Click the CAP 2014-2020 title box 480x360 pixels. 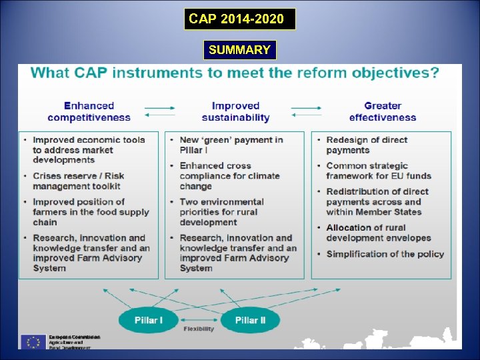tap(240, 19)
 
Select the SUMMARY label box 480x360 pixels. tap(239, 50)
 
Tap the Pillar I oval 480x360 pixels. tap(148, 321)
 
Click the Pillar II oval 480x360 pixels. tap(250, 321)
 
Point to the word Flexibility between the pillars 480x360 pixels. tap(199, 329)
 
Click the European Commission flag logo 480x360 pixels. tap(33, 341)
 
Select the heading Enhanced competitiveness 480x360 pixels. tap(89, 111)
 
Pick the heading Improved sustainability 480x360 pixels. tap(235, 111)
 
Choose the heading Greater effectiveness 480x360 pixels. tap(382, 111)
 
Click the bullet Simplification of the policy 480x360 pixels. tap(385, 254)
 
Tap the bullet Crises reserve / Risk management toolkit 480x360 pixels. tap(78, 181)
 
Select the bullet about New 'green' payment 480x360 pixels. tap(231, 145)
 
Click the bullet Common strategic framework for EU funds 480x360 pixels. tap(378, 171)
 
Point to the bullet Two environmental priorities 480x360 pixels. tap(221, 212)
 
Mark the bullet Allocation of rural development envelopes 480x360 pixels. tap(378, 233)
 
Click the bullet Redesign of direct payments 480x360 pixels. tap(367, 145)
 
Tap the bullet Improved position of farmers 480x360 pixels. tap(91, 212)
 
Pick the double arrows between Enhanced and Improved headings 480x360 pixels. tap(160, 111)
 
